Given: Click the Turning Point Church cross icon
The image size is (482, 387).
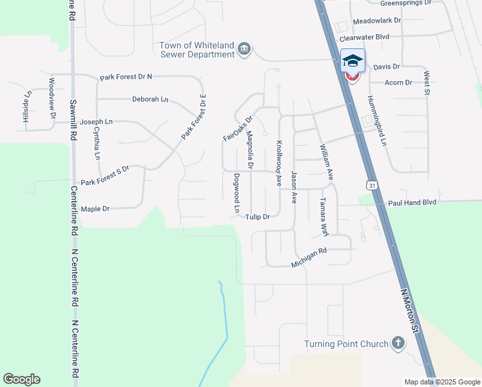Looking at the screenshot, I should pyautogui.click(x=398, y=344).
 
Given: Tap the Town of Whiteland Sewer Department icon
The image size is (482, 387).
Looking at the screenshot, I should pyautogui.click(x=244, y=50).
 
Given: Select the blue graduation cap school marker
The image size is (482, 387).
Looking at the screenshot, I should pyautogui.click(x=352, y=61).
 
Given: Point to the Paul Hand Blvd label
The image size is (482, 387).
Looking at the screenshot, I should pyautogui.click(x=412, y=203).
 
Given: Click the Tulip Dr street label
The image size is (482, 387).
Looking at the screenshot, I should pyautogui.click(x=257, y=217).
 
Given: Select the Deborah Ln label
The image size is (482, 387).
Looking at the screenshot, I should pyautogui.click(x=150, y=99).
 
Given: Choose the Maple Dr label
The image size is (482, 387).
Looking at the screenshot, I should pyautogui.click(x=95, y=209).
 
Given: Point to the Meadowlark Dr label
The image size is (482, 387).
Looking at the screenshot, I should pyautogui.click(x=377, y=20).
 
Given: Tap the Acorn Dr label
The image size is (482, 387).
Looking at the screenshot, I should pyautogui.click(x=398, y=83).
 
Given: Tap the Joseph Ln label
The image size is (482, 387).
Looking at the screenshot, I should pyautogui.click(x=96, y=121).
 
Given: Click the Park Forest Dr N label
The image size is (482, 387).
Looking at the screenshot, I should pyautogui.click(x=126, y=77).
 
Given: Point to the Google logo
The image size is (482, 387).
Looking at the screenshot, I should pyautogui.click(x=21, y=379).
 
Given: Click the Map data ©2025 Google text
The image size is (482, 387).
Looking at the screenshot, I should pyautogui.click(x=441, y=382).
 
